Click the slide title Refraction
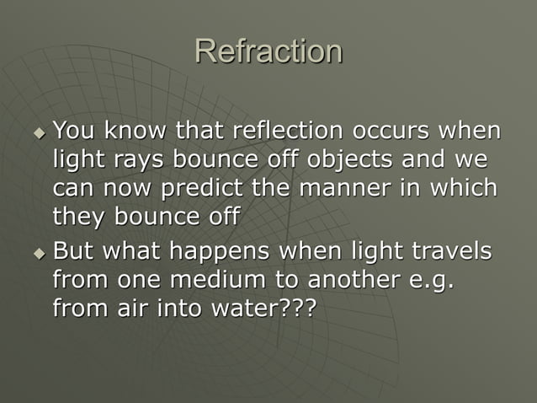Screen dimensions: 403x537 coord(268,51)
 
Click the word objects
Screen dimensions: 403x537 coord(357,159)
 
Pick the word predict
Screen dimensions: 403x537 coord(201,187)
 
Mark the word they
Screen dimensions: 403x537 coord(77,215)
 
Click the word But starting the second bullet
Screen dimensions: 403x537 coord(73,251)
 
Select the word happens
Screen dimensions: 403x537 coord(221,252)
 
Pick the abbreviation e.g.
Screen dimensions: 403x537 coord(430,280)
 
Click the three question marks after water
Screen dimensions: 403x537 coord(295,307)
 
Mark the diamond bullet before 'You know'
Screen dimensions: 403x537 coord(37,132)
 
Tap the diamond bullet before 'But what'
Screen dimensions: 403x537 coord(37,253)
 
